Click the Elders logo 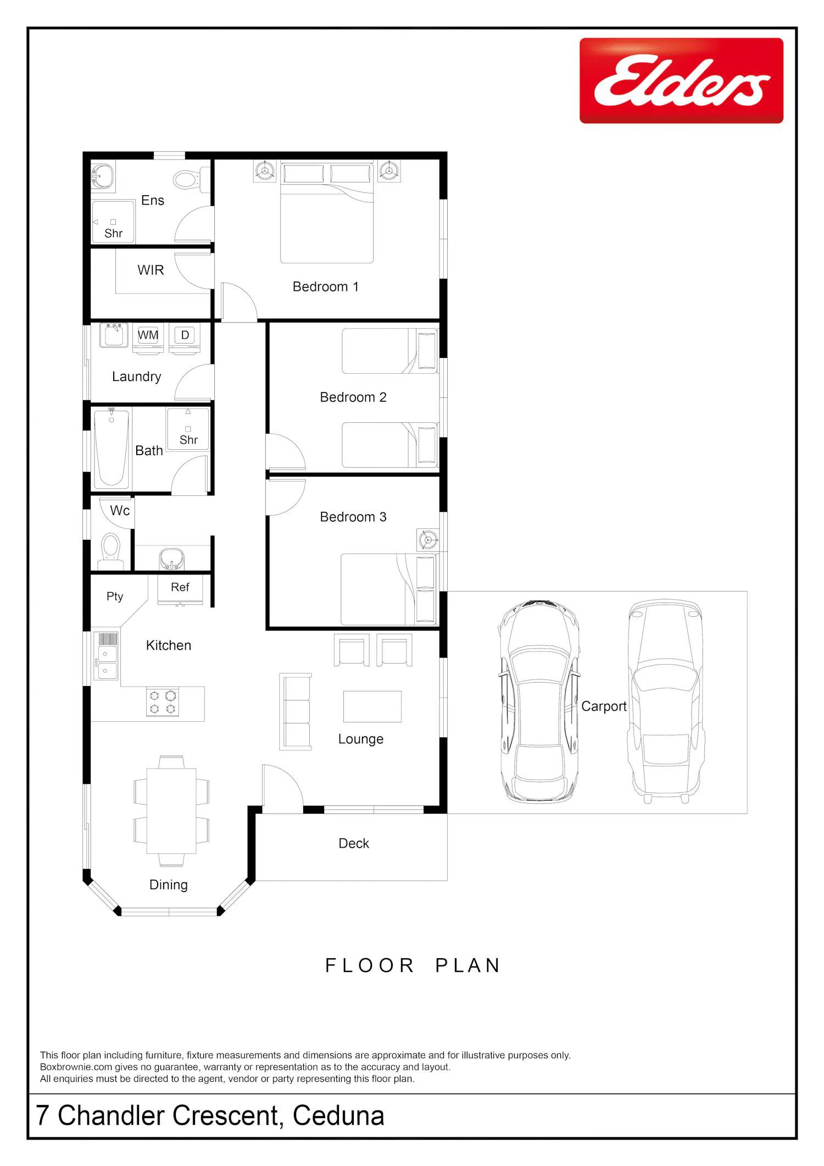[681, 80]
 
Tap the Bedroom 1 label [326, 286]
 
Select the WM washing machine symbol [148, 338]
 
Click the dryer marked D [185, 338]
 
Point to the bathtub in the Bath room [112, 449]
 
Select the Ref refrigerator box [180, 589]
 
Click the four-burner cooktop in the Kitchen [163, 702]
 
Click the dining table [171, 810]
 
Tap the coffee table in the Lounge [372, 706]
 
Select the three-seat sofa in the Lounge [296, 712]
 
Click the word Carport [604, 706]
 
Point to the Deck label [354, 843]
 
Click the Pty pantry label [115, 597]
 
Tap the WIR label [151, 270]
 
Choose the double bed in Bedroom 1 [327, 212]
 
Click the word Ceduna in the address [338, 1116]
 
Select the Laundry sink [114, 335]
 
